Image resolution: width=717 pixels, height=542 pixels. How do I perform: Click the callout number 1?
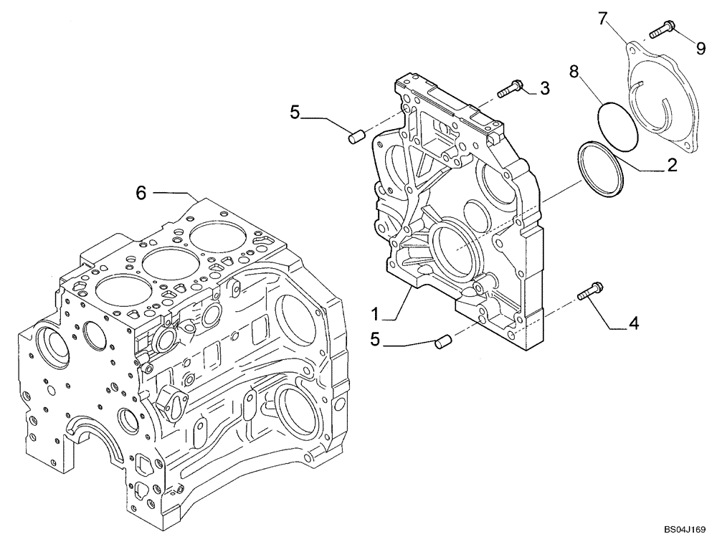coord(374,313)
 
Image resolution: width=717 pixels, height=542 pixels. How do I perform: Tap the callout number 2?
coord(672,166)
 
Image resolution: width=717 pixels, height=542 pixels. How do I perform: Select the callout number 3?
coord(544,88)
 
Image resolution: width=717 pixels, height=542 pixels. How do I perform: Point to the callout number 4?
coord(633,325)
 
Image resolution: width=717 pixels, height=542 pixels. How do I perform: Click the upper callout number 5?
coord(295,112)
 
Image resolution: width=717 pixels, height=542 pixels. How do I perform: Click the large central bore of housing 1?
coord(454,248)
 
